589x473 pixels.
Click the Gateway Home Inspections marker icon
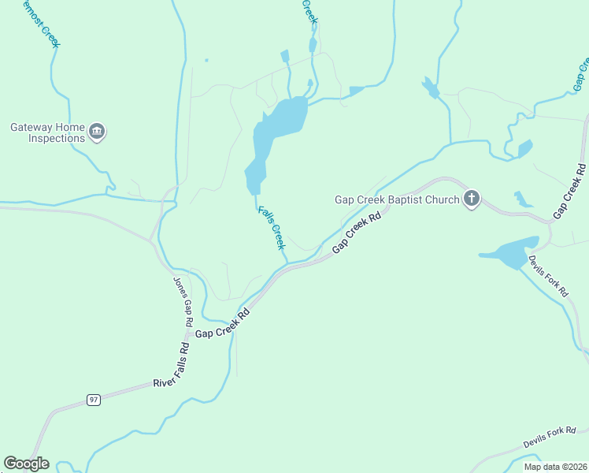coord(97,132)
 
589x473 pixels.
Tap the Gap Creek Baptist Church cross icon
coord(471,199)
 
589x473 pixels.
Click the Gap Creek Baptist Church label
coord(396,199)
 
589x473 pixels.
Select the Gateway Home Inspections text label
coord(47,132)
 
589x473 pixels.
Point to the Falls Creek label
coord(272,228)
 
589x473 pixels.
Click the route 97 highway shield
coord(94,400)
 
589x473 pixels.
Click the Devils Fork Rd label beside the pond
coord(548,275)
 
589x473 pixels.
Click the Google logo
coord(26,464)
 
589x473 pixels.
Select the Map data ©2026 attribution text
coord(555,467)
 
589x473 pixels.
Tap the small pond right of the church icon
coord(522,199)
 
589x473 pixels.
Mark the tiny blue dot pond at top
coord(206,60)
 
